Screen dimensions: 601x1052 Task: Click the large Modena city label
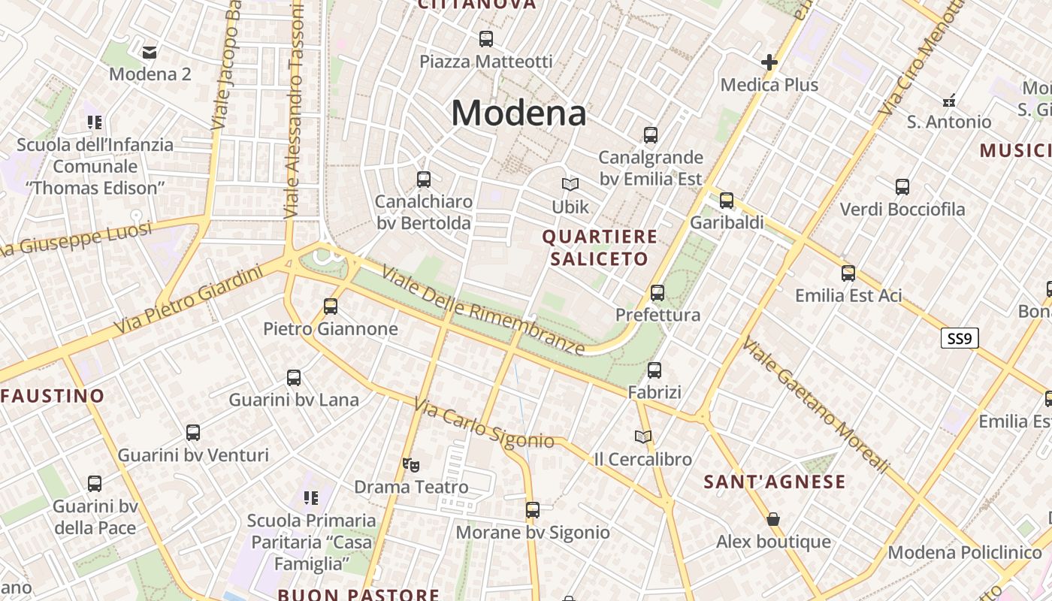pyautogui.click(x=518, y=113)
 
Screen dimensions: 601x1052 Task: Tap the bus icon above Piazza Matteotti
pyautogui.click(x=486, y=38)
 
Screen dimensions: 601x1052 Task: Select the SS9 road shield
pyautogui.click(x=960, y=339)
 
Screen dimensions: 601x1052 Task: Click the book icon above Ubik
pyautogui.click(x=570, y=184)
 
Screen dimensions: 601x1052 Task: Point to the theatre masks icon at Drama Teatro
pyautogui.click(x=410, y=465)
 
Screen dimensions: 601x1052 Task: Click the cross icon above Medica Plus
pyautogui.click(x=769, y=62)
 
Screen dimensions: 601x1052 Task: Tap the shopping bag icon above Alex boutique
pyautogui.click(x=773, y=519)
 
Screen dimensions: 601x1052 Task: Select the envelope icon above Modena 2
pyautogui.click(x=150, y=52)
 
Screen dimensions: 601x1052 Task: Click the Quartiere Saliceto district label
pyautogui.click(x=600, y=248)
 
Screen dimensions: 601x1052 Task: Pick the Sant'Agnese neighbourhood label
pyautogui.click(x=775, y=482)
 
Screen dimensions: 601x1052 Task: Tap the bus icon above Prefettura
pyautogui.click(x=657, y=292)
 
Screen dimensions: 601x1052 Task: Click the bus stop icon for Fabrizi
pyautogui.click(x=654, y=370)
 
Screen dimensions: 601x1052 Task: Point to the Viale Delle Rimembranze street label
pyautogui.click(x=483, y=310)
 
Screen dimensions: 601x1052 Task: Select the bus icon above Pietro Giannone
pyautogui.click(x=331, y=306)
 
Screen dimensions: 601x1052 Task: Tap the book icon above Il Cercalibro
pyautogui.click(x=642, y=436)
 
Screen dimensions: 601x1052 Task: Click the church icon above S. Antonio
pyautogui.click(x=948, y=100)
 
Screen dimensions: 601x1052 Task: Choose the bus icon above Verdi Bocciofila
pyautogui.click(x=902, y=187)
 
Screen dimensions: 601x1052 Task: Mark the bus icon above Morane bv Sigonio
pyautogui.click(x=533, y=510)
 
